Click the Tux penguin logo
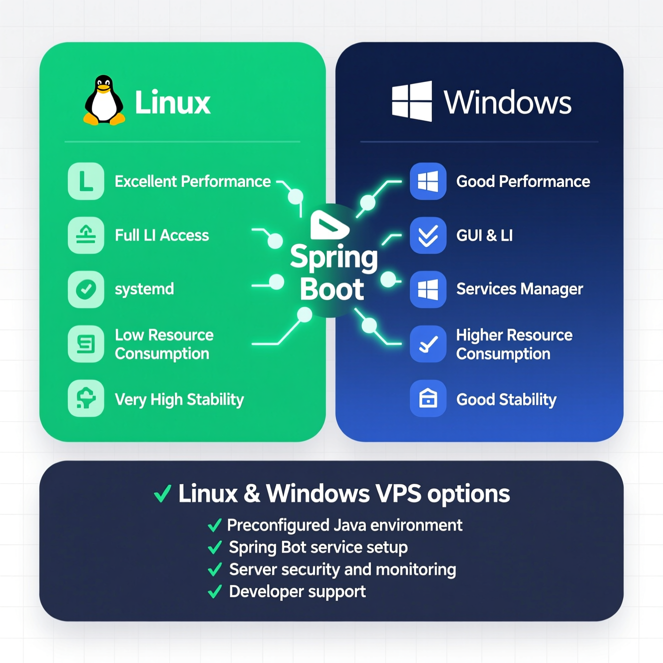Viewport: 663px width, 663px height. (x=104, y=101)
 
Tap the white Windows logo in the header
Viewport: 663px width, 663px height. (x=412, y=101)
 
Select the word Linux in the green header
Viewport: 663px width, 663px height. (x=173, y=103)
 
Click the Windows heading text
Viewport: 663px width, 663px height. (x=507, y=103)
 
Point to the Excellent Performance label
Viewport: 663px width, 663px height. (x=193, y=181)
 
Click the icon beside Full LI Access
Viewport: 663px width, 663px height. (x=86, y=235)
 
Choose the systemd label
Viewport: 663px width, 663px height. (x=144, y=289)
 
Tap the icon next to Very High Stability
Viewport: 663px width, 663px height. (x=86, y=398)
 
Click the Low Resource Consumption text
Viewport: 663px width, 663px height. (x=164, y=344)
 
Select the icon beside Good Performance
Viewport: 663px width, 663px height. (x=428, y=181)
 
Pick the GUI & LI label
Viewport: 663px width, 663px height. (x=484, y=236)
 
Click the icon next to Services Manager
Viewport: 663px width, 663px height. (x=428, y=289)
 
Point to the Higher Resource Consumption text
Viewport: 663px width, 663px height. (x=514, y=344)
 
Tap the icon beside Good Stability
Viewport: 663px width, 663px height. (x=428, y=398)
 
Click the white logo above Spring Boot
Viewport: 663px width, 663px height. (x=329, y=225)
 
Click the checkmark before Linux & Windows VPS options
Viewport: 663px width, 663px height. (x=163, y=494)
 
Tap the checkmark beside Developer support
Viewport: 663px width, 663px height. (x=215, y=592)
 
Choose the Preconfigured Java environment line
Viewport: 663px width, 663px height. (x=344, y=525)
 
